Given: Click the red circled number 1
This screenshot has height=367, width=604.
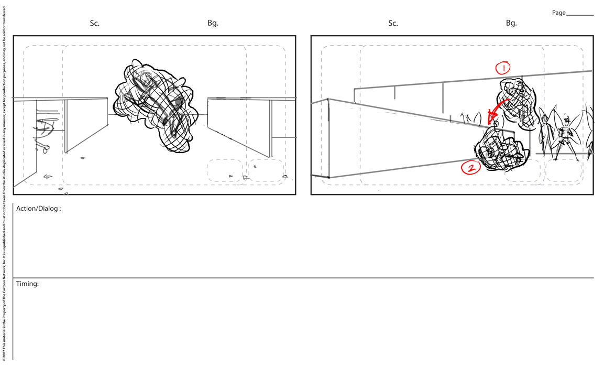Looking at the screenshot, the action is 503,68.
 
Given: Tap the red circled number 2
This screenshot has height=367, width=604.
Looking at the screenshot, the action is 471,167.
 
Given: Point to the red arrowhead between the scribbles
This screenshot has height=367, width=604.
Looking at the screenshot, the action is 492,117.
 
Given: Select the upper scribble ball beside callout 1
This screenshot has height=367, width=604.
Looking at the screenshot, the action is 516,103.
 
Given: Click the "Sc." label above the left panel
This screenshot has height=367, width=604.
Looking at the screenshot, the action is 94,23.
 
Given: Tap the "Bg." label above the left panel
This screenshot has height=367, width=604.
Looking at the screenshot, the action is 213,23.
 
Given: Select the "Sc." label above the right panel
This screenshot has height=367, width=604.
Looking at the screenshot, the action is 393,23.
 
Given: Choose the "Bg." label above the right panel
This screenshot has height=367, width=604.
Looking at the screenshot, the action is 511,23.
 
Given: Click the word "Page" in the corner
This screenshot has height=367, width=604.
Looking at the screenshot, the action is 558,13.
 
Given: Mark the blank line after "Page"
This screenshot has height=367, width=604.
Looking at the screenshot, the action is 580,15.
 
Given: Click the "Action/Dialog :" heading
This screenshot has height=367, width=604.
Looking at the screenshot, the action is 39,209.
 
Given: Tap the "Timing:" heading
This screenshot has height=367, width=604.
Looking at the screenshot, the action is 27,284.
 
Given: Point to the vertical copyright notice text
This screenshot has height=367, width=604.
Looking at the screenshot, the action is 4,183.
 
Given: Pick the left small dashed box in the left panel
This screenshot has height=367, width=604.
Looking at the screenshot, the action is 225,170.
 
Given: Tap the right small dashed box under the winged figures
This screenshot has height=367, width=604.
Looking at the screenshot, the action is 564,170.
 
